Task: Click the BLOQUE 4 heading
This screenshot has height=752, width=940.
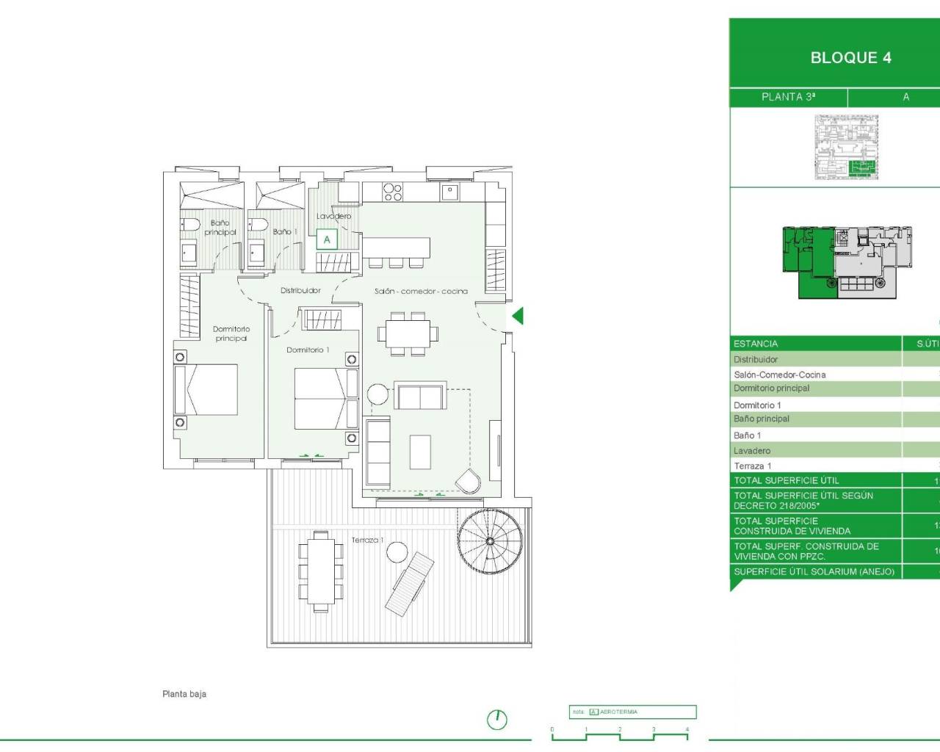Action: click(x=850, y=58)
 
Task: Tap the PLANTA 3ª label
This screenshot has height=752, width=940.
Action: click(x=788, y=97)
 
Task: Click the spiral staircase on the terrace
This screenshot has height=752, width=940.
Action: click(x=490, y=540)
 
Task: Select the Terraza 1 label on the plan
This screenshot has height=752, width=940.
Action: click(x=367, y=540)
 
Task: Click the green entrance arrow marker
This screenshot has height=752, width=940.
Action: click(x=517, y=317)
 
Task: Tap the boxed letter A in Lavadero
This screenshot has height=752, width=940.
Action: click(x=327, y=239)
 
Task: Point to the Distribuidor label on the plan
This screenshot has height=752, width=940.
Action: click(x=300, y=291)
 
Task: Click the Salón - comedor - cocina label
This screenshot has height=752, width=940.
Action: click(x=421, y=292)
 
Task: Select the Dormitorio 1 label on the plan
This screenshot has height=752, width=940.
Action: click(x=308, y=350)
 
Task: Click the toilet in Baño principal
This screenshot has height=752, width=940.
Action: click(x=191, y=225)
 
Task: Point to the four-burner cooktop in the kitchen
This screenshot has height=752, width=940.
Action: click(x=393, y=192)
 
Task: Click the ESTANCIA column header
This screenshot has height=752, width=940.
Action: click(x=756, y=344)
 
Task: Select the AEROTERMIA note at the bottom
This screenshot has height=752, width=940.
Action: click(x=618, y=712)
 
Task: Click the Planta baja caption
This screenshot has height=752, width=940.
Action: click(x=184, y=694)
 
